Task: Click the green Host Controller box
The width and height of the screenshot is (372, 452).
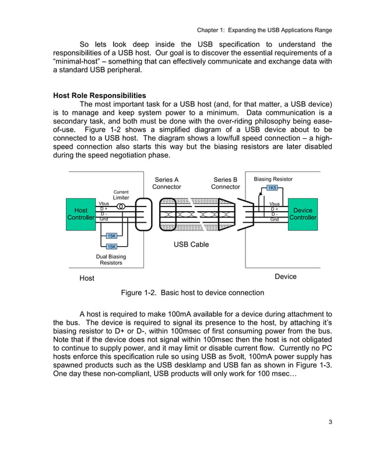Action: click(x=81, y=213)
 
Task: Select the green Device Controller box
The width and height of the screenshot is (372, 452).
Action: click(x=303, y=213)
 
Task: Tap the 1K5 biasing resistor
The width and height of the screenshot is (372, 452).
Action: click(x=272, y=188)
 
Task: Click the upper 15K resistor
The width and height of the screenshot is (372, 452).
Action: click(x=111, y=236)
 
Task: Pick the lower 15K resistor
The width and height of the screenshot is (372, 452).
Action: click(x=111, y=247)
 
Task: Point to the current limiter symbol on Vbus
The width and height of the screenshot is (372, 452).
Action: click(x=121, y=205)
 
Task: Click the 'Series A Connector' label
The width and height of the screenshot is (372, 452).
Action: click(x=167, y=183)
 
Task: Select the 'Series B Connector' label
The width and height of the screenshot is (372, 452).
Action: click(x=225, y=183)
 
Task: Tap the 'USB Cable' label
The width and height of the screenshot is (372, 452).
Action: click(x=191, y=245)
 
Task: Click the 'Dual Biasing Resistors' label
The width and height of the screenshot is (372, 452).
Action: click(x=111, y=260)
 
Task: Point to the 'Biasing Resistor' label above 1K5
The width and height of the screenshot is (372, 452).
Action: click(x=273, y=179)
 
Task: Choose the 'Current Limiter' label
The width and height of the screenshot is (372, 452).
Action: click(x=121, y=195)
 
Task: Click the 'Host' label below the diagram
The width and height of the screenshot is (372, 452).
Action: click(x=87, y=278)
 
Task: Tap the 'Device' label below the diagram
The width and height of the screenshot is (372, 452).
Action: click(x=285, y=276)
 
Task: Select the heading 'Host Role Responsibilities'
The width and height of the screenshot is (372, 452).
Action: click(x=99, y=96)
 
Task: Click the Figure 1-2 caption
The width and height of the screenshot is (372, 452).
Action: click(x=192, y=292)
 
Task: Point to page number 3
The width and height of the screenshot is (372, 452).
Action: click(x=329, y=422)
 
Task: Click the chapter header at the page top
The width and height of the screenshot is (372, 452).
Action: click(x=264, y=30)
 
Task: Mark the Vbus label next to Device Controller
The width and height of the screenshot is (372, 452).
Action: click(x=274, y=204)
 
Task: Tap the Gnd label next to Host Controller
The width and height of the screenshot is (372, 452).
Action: click(x=104, y=219)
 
